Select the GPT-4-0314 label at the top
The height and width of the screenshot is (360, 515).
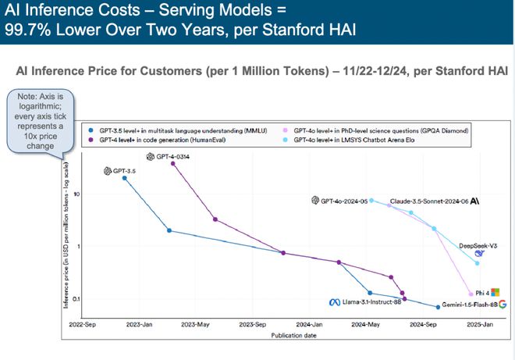coord(176,156)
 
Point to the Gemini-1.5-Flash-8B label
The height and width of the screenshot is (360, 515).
coord(464,304)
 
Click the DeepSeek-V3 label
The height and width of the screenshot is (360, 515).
coord(478,245)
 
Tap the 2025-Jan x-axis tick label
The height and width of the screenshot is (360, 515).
coord(478,323)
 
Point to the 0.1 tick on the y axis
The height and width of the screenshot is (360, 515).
coord(78,299)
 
